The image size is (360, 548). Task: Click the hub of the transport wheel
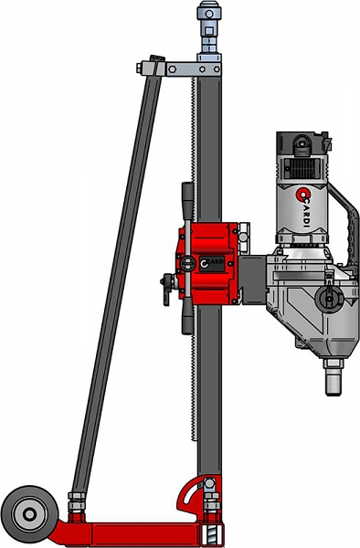[29, 513]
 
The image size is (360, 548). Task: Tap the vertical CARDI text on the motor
[306, 215]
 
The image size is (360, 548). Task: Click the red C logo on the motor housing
[301, 195]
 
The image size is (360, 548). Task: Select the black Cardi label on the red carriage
[212, 264]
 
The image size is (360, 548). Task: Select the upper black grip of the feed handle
[187, 201]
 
